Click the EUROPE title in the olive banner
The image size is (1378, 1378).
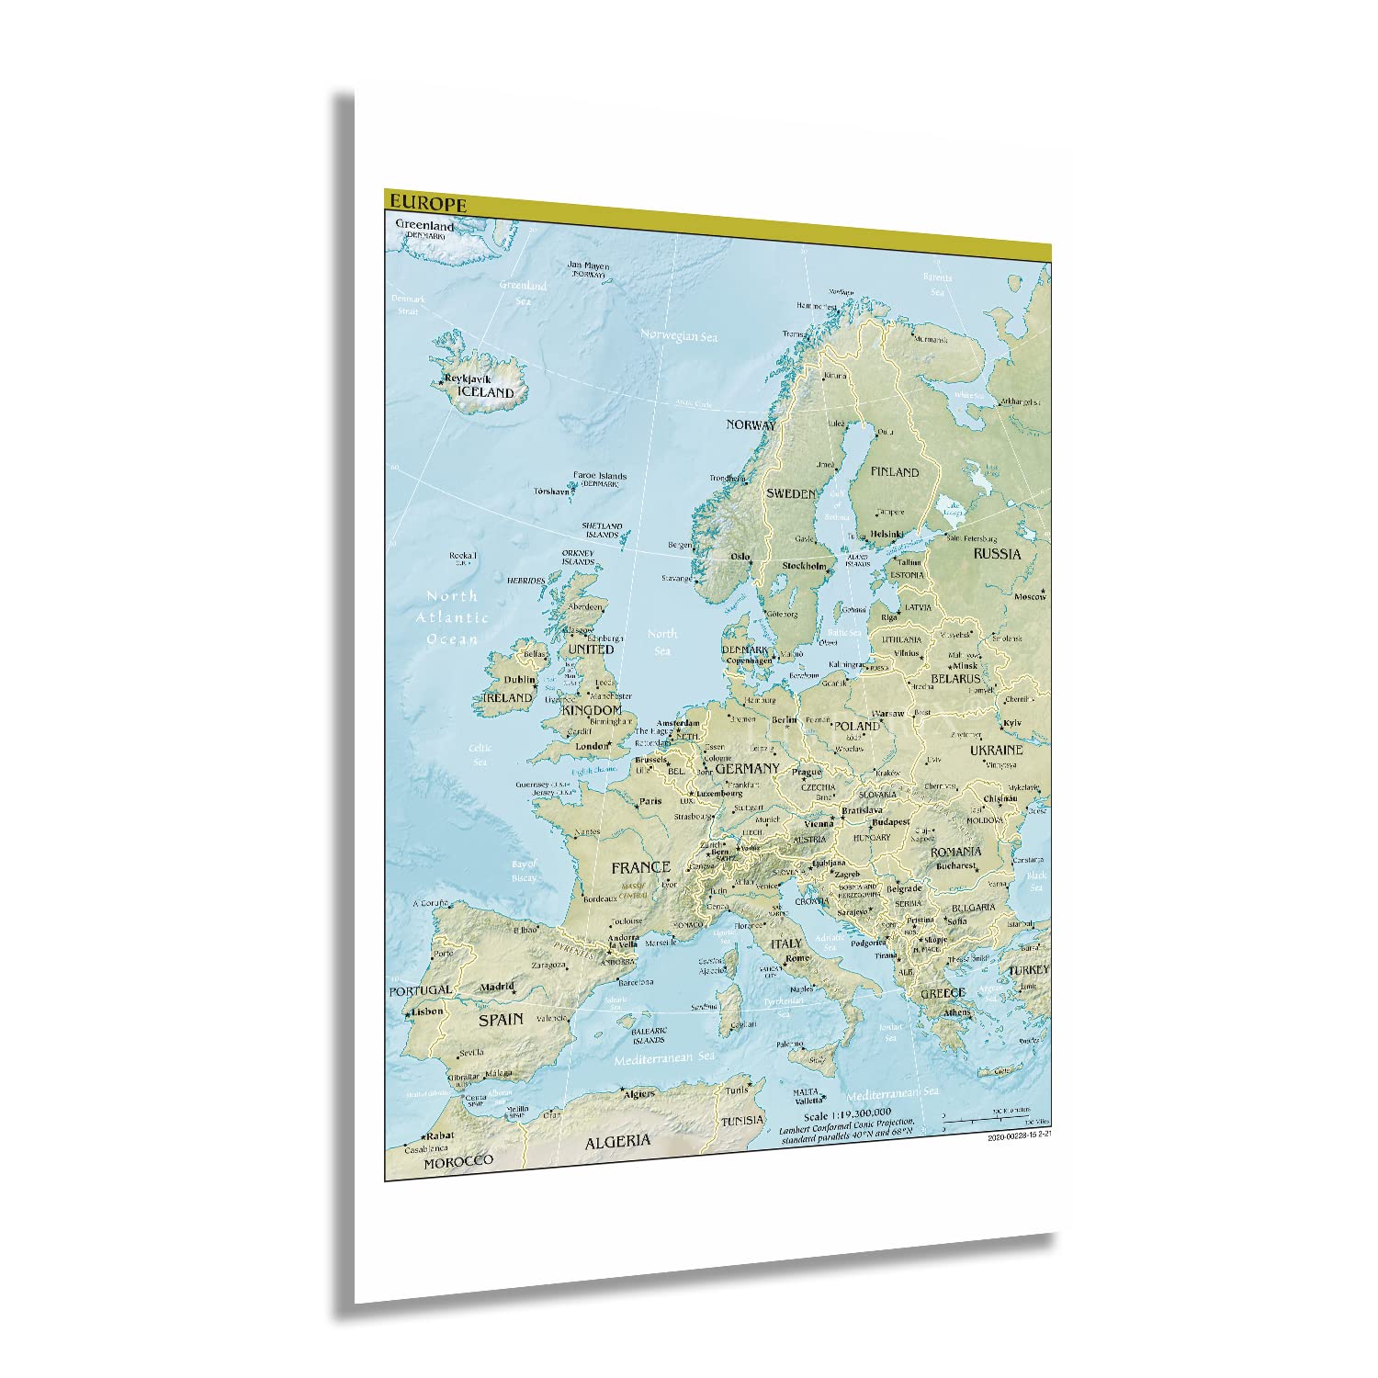pos(427,203)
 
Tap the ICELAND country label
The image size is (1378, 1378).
pos(486,392)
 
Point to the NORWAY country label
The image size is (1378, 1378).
pos(751,424)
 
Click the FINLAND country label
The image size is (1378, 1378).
pos(894,471)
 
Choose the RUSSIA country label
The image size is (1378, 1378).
pos(997,554)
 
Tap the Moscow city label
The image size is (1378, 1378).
pos(1030,597)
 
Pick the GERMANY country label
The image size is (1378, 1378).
pos(747,768)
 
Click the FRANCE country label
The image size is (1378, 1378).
pos(640,866)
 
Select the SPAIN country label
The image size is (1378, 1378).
pos(501,1019)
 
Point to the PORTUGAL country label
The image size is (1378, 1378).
pos(420,991)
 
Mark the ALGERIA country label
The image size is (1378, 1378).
pos(617,1140)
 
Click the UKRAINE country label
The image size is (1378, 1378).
pos(995,750)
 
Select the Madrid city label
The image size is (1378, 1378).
pos(497,987)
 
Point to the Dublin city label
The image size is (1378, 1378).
pos(519,681)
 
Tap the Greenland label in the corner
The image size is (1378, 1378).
pos(425,225)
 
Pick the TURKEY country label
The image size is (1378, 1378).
pos(1028,970)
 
